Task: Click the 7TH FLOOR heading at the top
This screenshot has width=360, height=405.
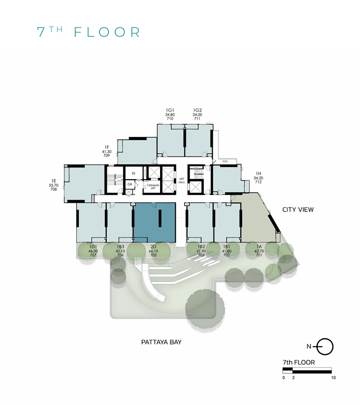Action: tap(88, 32)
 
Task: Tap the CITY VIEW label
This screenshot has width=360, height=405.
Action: tap(298, 210)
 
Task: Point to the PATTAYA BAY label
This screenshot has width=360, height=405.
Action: tap(161, 342)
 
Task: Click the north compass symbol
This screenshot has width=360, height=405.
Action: tap(325, 346)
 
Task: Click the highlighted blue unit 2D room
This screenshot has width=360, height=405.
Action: tap(154, 221)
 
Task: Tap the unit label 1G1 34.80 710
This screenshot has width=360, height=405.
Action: tap(170, 114)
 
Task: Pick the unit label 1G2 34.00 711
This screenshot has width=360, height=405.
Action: tap(197, 114)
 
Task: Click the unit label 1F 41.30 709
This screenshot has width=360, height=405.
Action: tap(106, 152)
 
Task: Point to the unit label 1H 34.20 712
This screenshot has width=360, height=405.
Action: tap(258, 178)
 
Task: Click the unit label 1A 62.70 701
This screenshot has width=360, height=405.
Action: tap(258, 251)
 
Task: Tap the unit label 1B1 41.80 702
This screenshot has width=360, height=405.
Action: tap(227, 251)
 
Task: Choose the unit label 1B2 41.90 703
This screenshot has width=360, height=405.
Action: tap(201, 251)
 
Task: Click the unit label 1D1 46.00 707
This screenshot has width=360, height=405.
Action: tap(93, 251)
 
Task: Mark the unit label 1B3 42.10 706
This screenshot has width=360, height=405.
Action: tap(121, 251)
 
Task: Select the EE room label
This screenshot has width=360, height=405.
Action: tap(133, 173)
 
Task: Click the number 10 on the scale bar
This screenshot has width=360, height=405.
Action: tap(332, 378)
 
